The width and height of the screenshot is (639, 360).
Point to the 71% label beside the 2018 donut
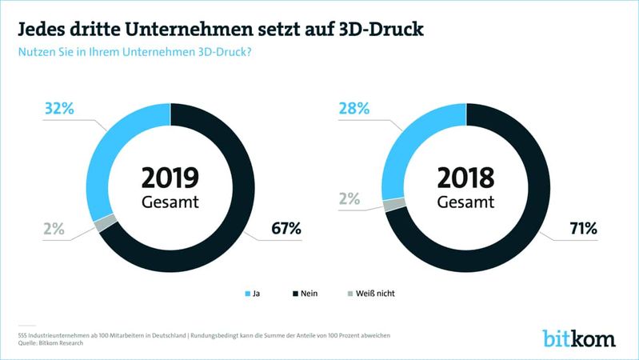point(581,229)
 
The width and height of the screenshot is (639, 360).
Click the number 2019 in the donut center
point(170,176)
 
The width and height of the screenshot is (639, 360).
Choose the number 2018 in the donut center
point(465,176)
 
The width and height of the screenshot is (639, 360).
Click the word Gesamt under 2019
point(170,202)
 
